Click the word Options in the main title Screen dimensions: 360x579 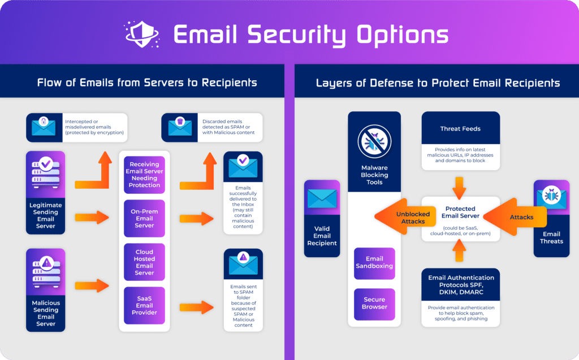pyautogui.click(x=402, y=34)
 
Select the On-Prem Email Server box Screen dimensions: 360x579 pyautogui.click(x=144, y=218)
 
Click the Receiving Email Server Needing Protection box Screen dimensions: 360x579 pyautogui.click(x=144, y=175)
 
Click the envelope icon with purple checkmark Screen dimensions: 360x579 pyautogui.click(x=243, y=166)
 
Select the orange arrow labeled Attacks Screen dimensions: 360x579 pyautogui.click(x=515, y=217)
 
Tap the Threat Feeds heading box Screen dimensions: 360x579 pyautogui.click(x=460, y=129)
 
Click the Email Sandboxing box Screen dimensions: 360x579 pyautogui.click(x=374, y=263)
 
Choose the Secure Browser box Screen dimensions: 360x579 pyautogui.click(x=374, y=303)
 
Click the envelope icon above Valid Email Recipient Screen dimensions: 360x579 pyautogui.click(x=322, y=198)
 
